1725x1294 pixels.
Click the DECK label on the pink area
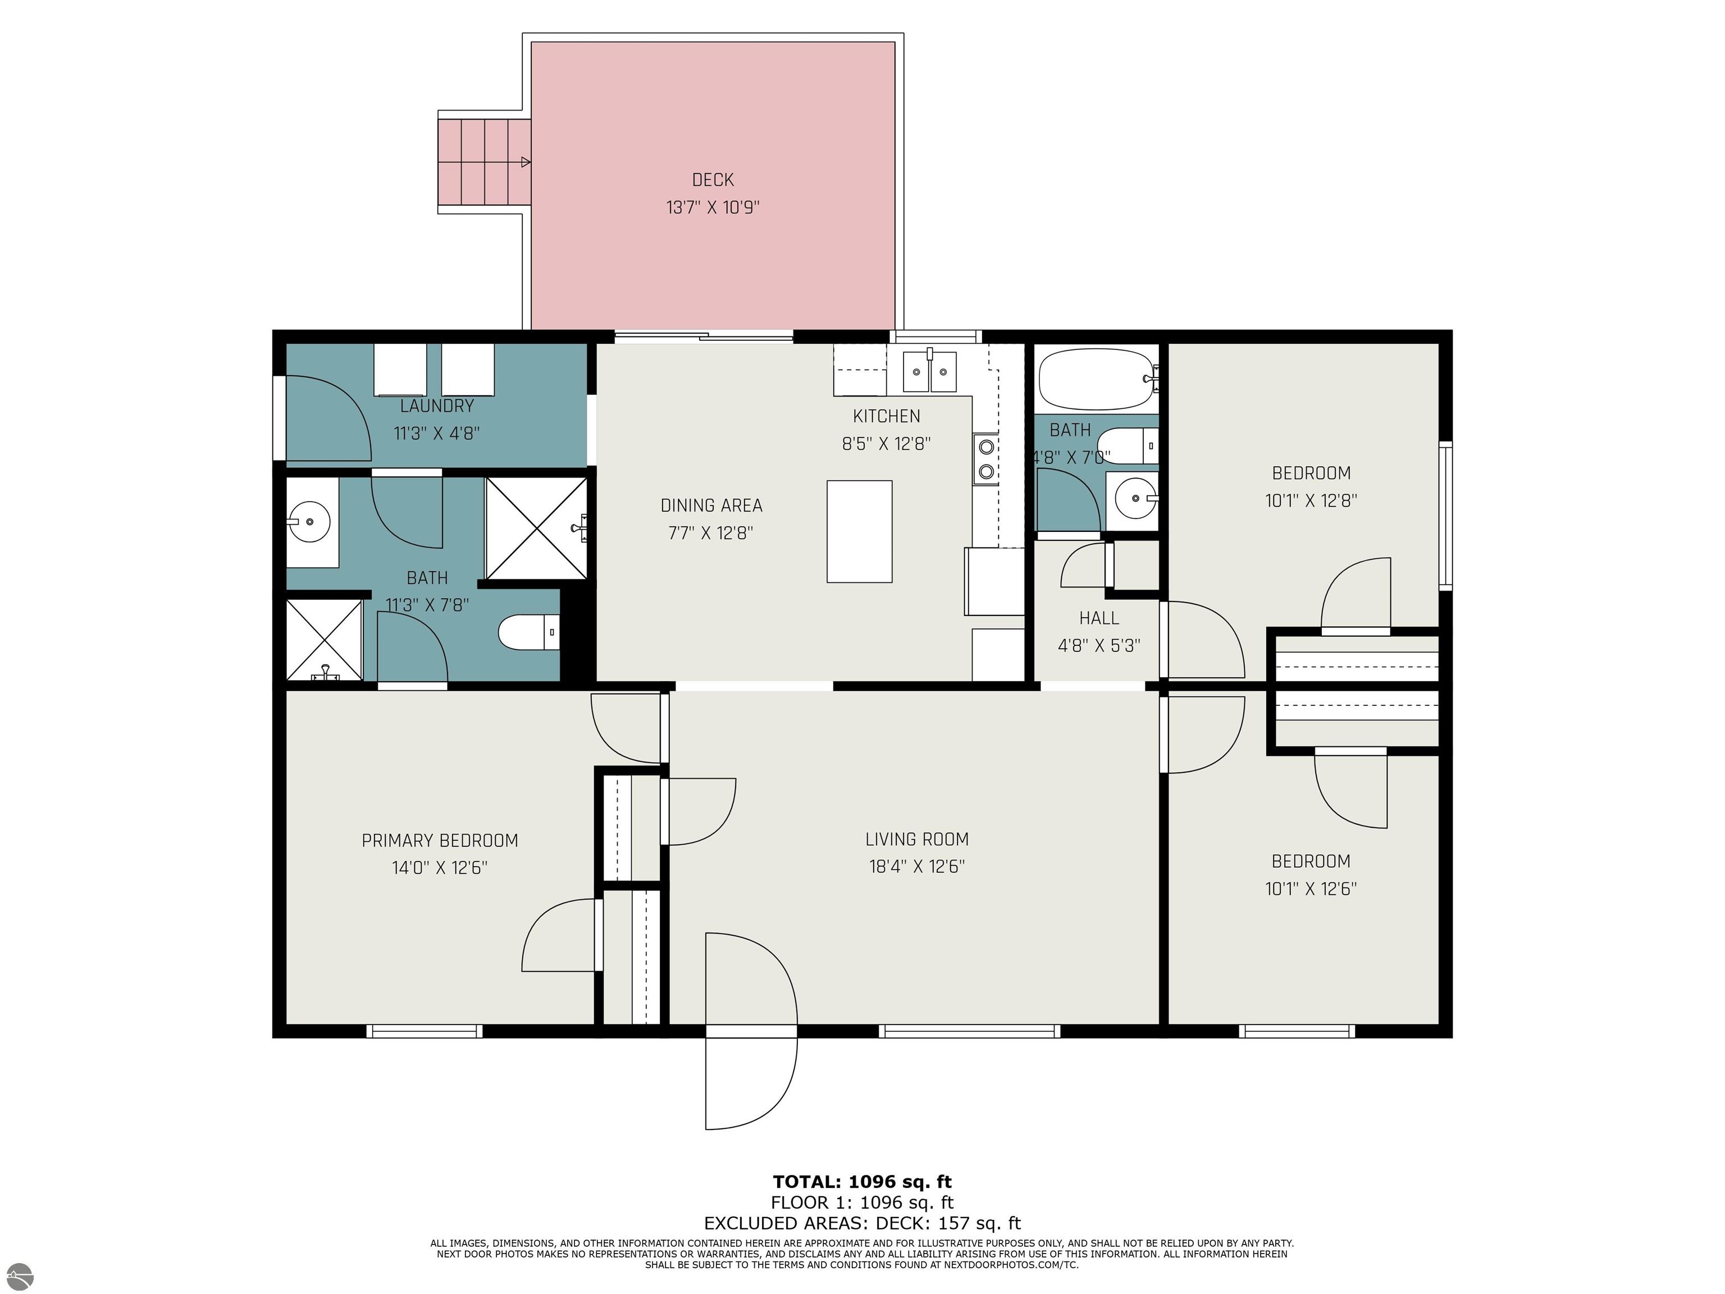[x=713, y=180]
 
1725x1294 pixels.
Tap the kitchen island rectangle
[x=859, y=531]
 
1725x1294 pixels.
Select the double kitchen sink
[x=929, y=372]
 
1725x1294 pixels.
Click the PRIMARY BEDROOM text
[x=440, y=841]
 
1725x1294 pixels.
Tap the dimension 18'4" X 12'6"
[x=917, y=867]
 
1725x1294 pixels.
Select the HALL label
[x=1099, y=618]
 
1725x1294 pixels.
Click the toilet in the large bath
[x=529, y=632]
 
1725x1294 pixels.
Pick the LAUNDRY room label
[x=437, y=405]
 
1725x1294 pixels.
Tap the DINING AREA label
[x=711, y=505]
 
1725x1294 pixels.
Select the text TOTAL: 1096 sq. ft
[x=862, y=1182]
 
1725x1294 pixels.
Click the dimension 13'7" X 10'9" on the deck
[x=713, y=207]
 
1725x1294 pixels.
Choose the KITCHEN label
[x=887, y=417]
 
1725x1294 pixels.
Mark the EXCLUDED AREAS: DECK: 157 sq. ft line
[x=862, y=1223]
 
